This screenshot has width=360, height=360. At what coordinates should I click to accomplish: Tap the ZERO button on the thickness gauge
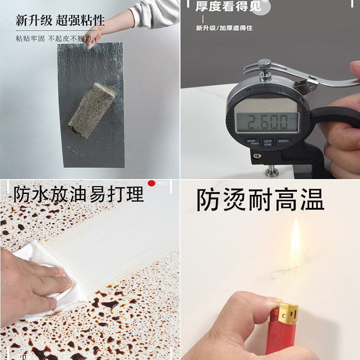(283, 141)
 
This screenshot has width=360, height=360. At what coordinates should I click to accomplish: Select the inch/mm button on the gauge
(252, 142)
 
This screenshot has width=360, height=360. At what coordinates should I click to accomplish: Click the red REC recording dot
(152, 183)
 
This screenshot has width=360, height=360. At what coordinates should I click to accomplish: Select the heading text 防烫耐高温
(260, 201)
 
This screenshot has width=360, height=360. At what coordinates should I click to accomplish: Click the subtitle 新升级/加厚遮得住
(224, 28)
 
